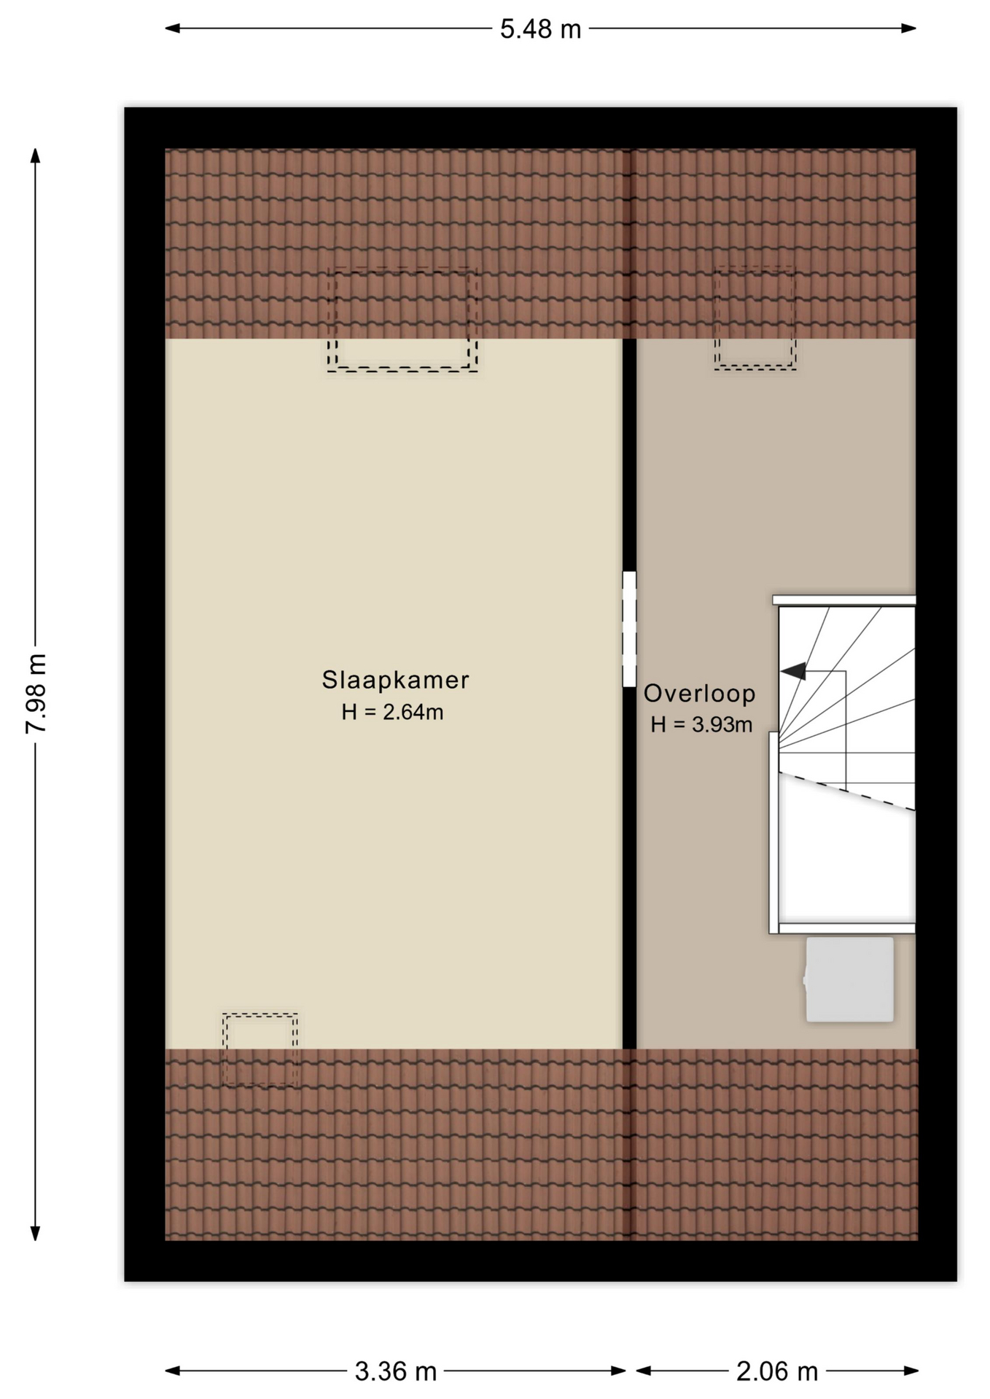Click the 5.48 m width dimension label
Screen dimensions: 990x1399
tap(540, 29)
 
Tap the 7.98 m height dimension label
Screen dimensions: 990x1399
tap(36, 693)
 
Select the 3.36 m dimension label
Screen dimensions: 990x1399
tap(395, 1371)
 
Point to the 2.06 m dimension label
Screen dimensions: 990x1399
tap(776, 1371)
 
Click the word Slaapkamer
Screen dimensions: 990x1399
tap(395, 680)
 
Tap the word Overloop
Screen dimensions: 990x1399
tap(699, 693)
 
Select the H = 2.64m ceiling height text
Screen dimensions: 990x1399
tap(392, 712)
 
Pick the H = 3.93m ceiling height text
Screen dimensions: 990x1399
tap(701, 724)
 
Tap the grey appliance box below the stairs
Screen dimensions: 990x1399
tap(849, 979)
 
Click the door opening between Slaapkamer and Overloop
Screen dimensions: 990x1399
tap(629, 629)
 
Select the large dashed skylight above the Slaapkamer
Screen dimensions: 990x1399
tap(402, 320)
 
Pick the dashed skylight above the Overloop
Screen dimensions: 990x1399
tap(755, 318)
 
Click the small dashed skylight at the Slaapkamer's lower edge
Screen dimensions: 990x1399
tap(260, 1049)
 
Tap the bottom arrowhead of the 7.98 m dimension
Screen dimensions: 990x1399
tap(35, 1232)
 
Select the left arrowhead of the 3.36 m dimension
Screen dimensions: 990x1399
tap(173, 1371)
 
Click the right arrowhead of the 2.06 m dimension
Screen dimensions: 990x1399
tap(910, 1371)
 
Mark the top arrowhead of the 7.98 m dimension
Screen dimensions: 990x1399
tap(35, 156)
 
